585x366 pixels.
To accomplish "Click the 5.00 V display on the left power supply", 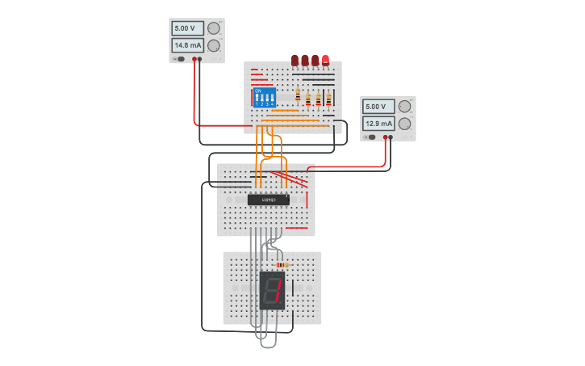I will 187,28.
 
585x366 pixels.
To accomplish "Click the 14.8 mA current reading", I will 187,45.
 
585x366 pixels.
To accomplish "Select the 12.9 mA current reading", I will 378,124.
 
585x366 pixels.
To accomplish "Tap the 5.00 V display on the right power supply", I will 378,107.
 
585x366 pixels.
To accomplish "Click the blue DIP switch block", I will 265,98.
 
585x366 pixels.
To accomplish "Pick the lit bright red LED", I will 325,60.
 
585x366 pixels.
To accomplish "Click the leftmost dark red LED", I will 295,60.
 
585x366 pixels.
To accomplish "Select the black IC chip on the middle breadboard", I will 268,200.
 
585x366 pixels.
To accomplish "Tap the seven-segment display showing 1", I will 273,290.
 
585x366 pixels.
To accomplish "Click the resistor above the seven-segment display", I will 282,265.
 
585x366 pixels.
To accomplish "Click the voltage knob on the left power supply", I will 214,28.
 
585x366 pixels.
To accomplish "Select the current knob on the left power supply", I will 214,45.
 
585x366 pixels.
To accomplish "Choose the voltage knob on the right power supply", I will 405,107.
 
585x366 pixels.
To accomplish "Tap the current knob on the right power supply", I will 405,124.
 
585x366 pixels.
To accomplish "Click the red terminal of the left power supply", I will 194,59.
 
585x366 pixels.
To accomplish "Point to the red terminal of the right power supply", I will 386,137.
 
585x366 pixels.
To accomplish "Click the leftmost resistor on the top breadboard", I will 298,96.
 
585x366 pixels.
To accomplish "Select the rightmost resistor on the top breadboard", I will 328,99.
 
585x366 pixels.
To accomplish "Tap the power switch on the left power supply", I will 179,59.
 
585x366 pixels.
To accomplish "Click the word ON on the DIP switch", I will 258,90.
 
